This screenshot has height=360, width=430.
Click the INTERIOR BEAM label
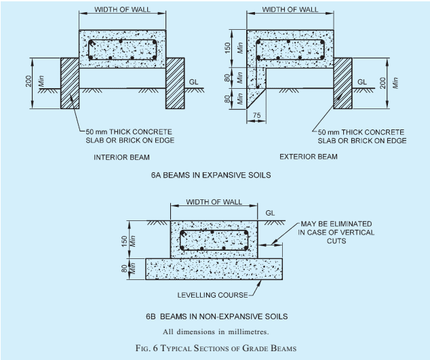[122, 157]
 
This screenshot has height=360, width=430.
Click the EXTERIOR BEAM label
[309, 157]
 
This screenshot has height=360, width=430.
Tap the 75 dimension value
[256, 115]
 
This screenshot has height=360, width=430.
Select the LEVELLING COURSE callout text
[212, 295]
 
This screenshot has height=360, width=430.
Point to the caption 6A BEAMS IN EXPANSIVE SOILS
[211, 175]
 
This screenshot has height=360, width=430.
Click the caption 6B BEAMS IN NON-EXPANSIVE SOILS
[216, 317]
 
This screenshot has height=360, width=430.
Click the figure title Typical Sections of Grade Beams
[216, 348]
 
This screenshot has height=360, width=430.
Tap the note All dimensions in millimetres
[216, 332]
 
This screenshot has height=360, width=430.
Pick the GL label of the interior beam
[193, 82]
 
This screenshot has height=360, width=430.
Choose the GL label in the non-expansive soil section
[270, 213]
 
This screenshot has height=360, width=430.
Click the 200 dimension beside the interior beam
[28, 81]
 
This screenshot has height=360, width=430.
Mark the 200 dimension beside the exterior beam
[383, 83]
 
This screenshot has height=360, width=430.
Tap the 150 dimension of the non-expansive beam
[125, 241]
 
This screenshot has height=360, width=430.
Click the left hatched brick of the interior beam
[70, 83]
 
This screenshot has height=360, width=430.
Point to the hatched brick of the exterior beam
[343, 83]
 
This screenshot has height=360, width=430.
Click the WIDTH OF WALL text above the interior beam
[122, 9]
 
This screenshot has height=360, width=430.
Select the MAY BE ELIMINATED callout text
[336, 233]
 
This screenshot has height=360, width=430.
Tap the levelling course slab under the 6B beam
[214, 269]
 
